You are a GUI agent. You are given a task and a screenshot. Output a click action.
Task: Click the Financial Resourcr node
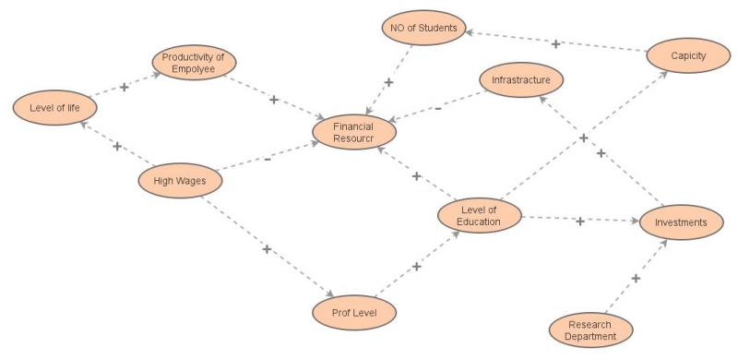click(353, 131)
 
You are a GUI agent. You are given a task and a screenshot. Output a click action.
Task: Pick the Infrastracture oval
click(520, 80)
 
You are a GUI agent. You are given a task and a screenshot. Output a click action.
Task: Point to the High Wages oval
click(179, 182)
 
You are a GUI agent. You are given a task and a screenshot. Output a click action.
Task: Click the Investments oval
click(681, 222)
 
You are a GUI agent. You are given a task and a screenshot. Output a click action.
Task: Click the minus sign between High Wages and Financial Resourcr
click(267, 159)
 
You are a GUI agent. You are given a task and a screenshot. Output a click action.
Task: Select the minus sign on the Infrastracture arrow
click(437, 108)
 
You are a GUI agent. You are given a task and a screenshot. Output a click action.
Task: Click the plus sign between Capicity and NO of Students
click(555, 43)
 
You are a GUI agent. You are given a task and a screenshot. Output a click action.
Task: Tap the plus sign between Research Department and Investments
click(636, 278)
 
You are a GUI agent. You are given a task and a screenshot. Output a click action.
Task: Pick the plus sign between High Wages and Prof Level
click(267, 249)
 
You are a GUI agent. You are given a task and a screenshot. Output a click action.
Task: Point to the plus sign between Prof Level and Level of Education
click(416, 267)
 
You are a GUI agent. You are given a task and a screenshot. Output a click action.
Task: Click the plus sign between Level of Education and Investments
click(579, 222)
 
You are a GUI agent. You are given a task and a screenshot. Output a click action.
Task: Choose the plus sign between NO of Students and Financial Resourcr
click(388, 82)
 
